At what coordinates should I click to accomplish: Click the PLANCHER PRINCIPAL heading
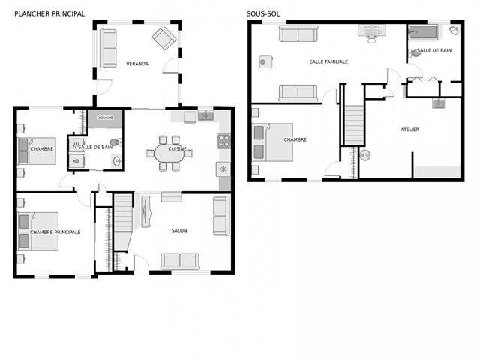click(50, 13)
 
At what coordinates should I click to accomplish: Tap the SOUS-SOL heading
click(263, 13)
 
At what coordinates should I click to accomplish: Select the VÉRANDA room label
click(137, 64)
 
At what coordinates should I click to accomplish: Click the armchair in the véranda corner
click(164, 37)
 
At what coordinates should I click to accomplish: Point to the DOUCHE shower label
click(105, 118)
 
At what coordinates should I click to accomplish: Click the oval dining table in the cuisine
click(169, 153)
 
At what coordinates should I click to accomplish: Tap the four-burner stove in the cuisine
click(223, 141)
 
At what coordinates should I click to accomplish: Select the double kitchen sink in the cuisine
click(206, 116)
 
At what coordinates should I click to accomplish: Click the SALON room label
click(179, 230)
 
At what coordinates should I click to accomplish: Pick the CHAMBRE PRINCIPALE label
click(55, 232)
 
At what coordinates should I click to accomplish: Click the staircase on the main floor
click(123, 222)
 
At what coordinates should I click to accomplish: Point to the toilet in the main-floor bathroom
click(115, 142)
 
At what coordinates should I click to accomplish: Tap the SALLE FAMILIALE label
click(328, 61)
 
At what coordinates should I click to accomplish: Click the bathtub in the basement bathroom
click(423, 32)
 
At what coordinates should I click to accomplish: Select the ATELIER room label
click(410, 130)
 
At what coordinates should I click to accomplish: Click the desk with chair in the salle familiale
click(372, 33)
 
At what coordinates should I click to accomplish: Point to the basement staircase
click(354, 125)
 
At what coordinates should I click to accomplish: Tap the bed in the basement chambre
click(272, 142)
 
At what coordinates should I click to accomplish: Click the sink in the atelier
click(439, 103)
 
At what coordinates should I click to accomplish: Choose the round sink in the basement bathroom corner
click(454, 30)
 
